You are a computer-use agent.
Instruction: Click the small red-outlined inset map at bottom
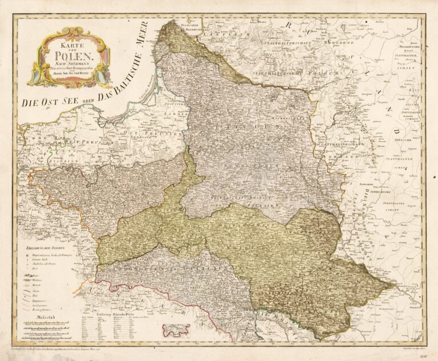[176, 330]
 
